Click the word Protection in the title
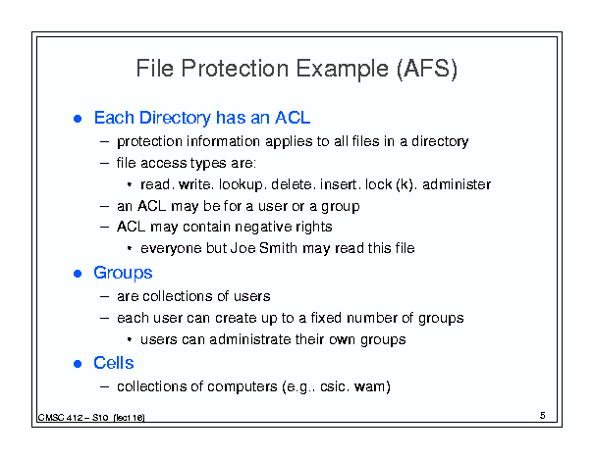[x=235, y=69]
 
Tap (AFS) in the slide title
[x=426, y=69]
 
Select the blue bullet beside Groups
[x=78, y=274]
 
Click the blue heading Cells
[x=114, y=363]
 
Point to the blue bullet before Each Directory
[x=78, y=119]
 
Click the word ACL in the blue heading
[x=293, y=118]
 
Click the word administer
[x=457, y=184]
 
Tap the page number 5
[x=543, y=416]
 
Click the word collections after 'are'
[x=174, y=296]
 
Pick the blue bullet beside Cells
[x=78, y=364]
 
